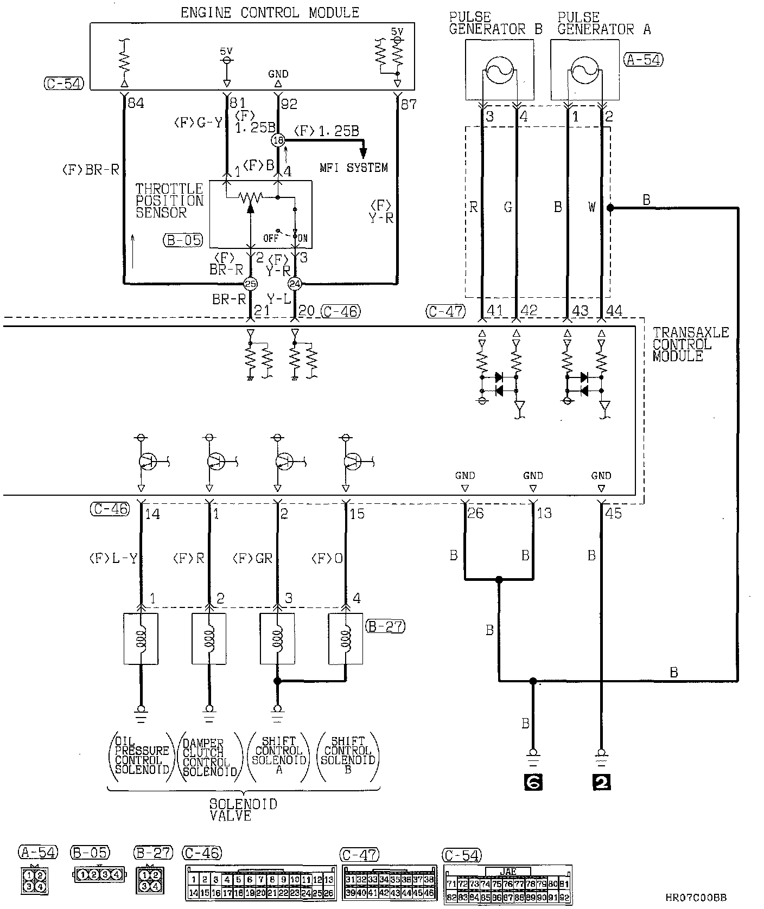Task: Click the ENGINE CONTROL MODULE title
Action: [x=270, y=12]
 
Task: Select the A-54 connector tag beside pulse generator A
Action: [x=644, y=60]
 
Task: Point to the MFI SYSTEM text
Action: [x=354, y=168]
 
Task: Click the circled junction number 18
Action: [x=278, y=140]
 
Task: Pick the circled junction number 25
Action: [x=250, y=283]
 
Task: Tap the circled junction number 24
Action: [x=295, y=283]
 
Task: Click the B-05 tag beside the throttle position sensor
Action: [x=182, y=240]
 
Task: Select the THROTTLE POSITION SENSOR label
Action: [x=169, y=201]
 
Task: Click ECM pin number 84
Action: [x=135, y=103]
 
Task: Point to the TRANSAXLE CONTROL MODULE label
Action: [x=690, y=344]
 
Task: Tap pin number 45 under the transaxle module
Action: [x=613, y=513]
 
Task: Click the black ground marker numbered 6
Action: [x=533, y=782]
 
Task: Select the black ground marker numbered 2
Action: [x=601, y=782]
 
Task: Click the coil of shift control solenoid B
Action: [x=346, y=638]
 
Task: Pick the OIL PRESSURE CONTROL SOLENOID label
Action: [x=142, y=756]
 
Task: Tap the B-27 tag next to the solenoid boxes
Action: [x=385, y=626]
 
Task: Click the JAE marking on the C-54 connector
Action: [x=508, y=871]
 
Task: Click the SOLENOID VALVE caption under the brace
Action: [x=244, y=809]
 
